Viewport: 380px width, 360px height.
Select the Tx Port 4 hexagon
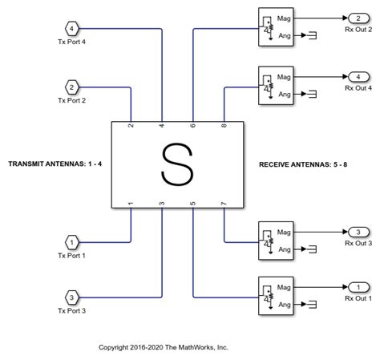pos(72,30)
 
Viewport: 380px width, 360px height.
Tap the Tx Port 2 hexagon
pos(72,87)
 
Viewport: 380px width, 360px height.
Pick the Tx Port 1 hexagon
pos(72,241)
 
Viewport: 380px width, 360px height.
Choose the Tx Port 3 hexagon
pos(72,297)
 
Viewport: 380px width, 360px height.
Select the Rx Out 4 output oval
pos(354,77)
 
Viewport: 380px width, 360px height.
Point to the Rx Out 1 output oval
pos(354,286)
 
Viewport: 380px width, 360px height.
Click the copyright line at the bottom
pos(164,347)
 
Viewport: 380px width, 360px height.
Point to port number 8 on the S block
pos(224,126)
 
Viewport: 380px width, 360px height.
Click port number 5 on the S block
pos(193,204)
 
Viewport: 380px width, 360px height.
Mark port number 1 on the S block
pos(131,204)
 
